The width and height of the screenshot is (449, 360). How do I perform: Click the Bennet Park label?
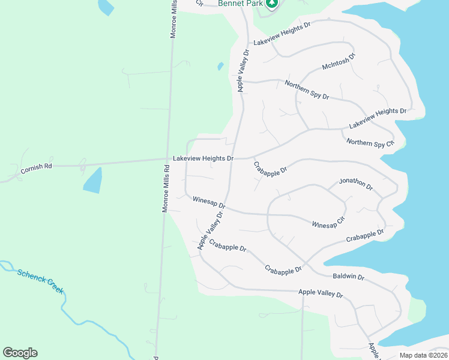240,4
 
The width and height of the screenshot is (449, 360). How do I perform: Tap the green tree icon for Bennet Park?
273,4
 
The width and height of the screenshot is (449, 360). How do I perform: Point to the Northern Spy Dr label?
307,90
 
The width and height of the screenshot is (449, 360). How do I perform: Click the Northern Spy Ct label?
370,143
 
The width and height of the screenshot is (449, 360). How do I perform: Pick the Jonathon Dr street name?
356,184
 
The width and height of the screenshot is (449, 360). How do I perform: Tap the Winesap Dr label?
209,201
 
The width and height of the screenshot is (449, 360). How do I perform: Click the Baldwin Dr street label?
349,277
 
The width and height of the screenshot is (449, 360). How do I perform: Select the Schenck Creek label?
40,281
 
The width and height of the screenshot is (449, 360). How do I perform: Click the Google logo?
20,353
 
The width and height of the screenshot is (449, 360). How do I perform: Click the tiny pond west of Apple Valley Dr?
220,65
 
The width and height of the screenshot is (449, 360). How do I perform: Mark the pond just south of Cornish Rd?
92,180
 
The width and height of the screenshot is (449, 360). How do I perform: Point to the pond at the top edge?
106,6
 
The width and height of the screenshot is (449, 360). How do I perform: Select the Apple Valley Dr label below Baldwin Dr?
321,294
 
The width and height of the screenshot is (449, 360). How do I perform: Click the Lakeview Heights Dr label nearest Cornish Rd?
203,158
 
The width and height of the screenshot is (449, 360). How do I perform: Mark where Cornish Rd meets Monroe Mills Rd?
167,160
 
